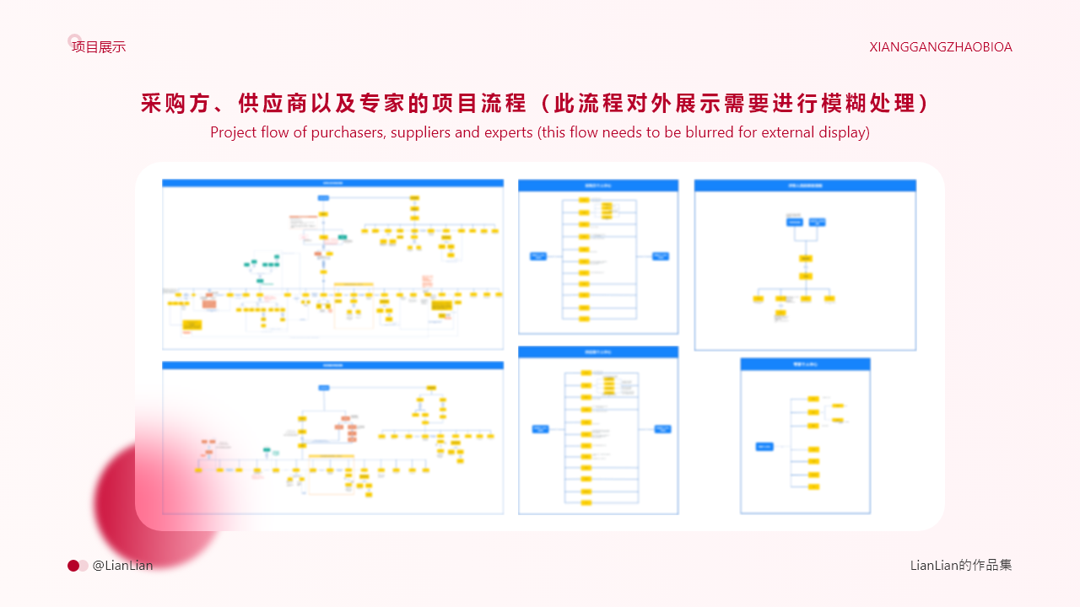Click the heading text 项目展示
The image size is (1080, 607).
(99, 47)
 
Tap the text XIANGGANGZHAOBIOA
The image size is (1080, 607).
(941, 47)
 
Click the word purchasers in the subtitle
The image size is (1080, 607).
(347, 132)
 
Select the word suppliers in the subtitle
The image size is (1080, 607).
(422, 132)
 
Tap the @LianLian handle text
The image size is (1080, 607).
(123, 566)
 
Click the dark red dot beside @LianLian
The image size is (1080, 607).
(73, 566)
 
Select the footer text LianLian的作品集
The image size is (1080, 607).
(961, 565)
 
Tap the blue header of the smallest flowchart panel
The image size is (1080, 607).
(805, 364)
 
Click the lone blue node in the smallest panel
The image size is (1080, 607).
(764, 447)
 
